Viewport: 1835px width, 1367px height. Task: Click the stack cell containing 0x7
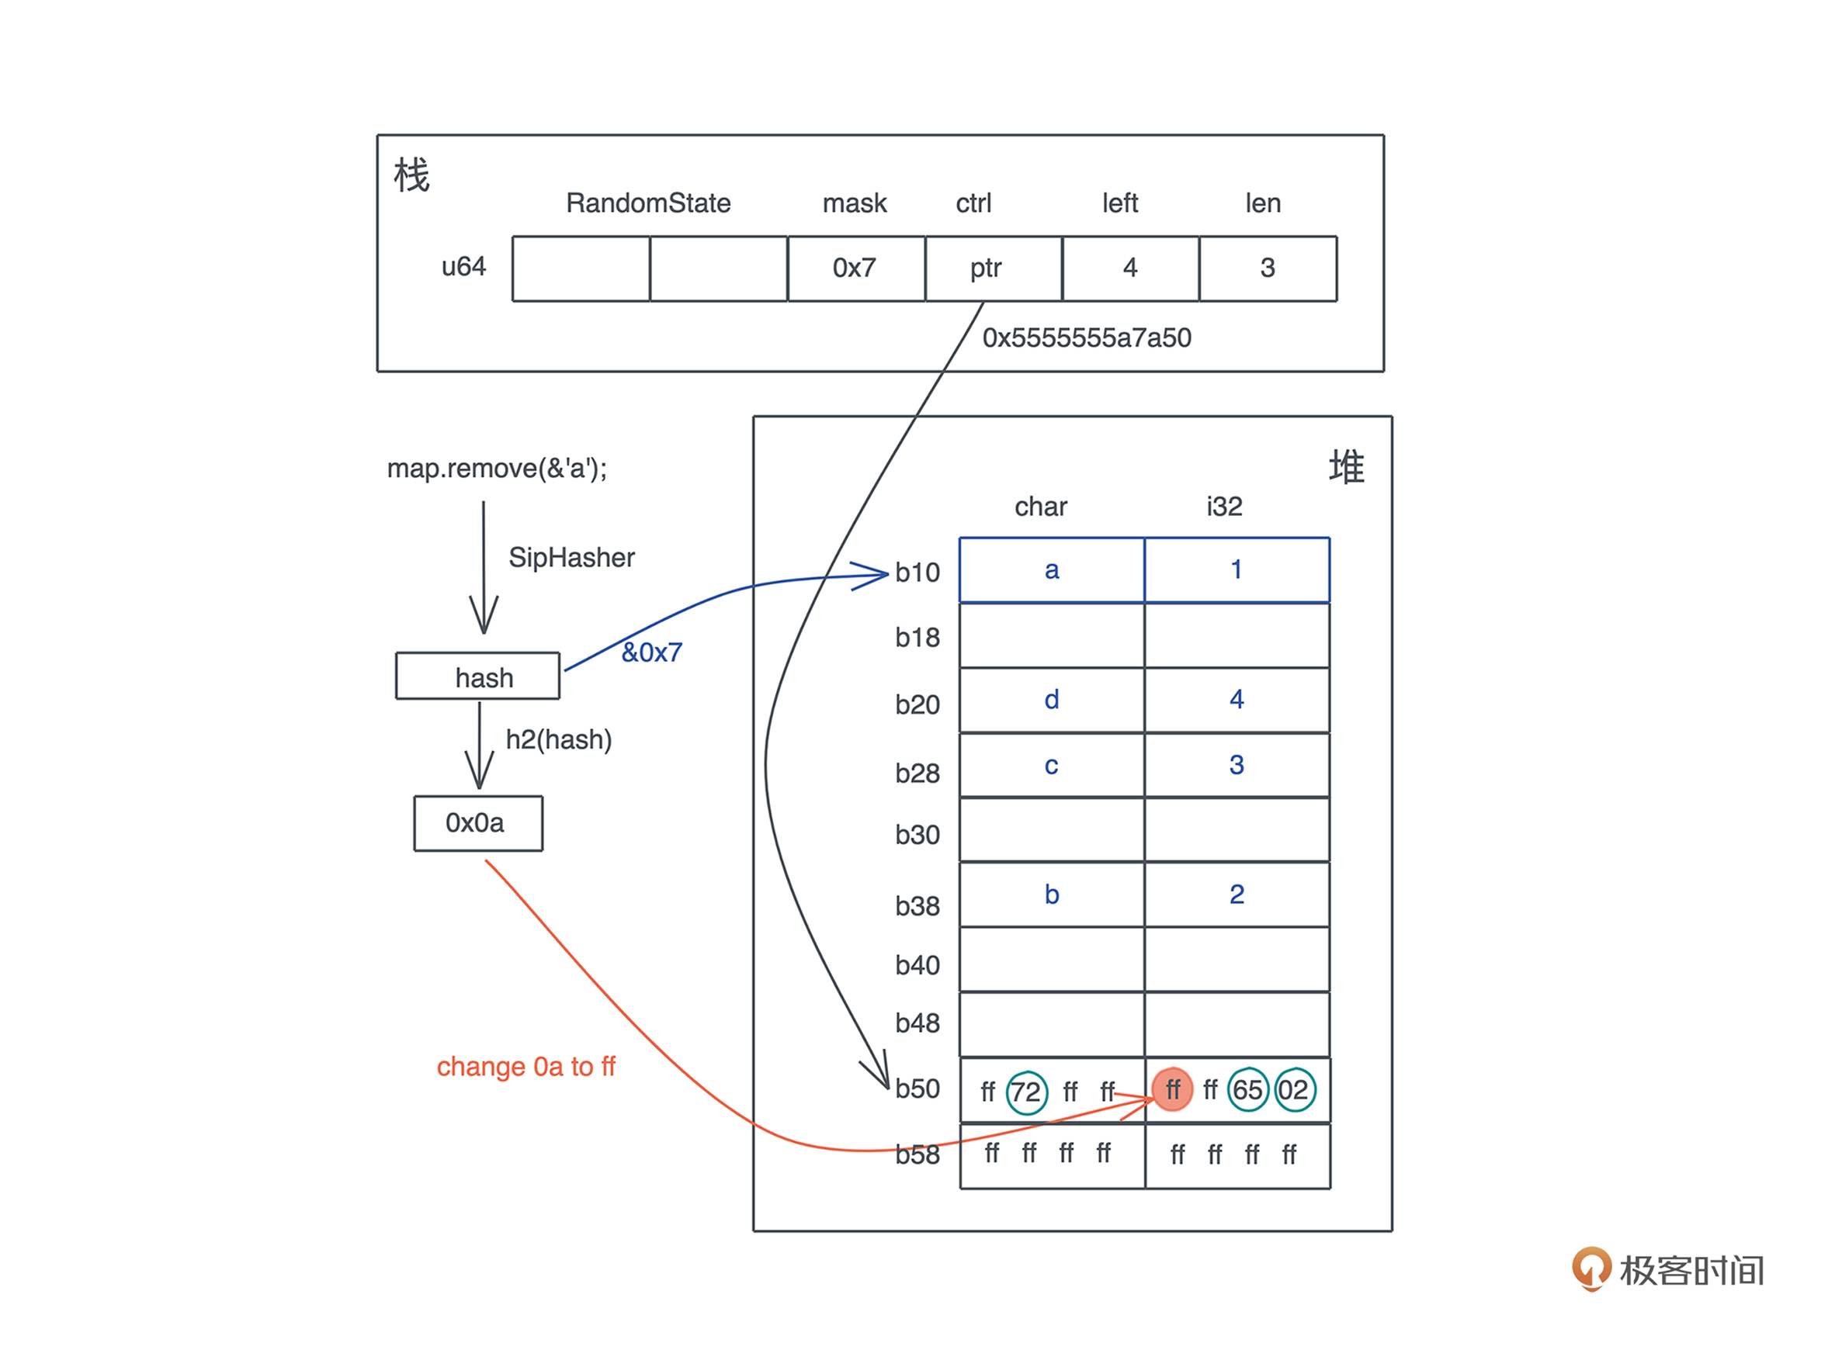point(854,268)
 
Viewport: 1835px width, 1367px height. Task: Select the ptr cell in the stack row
point(993,268)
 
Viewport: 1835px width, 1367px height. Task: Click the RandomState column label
point(647,203)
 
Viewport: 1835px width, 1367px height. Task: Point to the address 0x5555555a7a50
point(1086,337)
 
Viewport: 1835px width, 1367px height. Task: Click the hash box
point(477,676)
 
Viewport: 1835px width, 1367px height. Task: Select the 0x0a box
point(477,822)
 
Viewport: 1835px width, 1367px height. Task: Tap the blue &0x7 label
point(651,652)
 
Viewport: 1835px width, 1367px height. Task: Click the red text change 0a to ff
point(526,1066)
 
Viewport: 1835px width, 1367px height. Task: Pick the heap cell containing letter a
point(1050,569)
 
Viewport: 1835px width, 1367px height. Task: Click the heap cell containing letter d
point(1050,700)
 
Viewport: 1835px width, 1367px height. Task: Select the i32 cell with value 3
point(1236,765)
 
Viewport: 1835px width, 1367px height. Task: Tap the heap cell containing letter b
point(1050,895)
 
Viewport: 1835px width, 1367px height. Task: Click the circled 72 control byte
point(1025,1092)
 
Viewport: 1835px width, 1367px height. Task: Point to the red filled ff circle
point(1171,1089)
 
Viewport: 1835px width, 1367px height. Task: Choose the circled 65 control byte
point(1247,1089)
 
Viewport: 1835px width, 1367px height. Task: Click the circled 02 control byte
point(1294,1089)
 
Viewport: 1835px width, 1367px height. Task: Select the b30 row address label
point(916,835)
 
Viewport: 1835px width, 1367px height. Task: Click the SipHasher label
point(571,558)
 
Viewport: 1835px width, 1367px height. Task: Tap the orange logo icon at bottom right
point(1590,1268)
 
